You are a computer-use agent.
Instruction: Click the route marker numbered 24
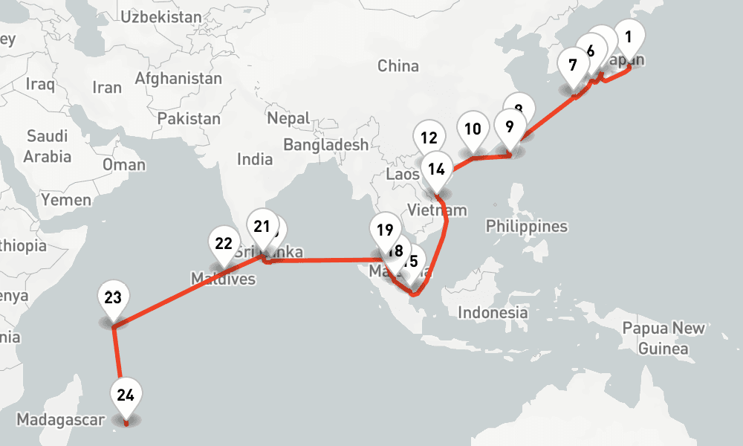pyautogui.click(x=125, y=395)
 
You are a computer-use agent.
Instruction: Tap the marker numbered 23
pyautogui.click(x=113, y=299)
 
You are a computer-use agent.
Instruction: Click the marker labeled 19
pyautogui.click(x=384, y=229)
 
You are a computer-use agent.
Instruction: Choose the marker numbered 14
pyautogui.click(x=436, y=169)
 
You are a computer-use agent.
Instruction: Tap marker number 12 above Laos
pyautogui.click(x=428, y=138)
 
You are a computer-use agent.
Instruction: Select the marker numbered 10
pyautogui.click(x=473, y=129)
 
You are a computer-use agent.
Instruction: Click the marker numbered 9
pyautogui.click(x=509, y=126)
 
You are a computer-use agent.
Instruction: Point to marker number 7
pyautogui.click(x=572, y=65)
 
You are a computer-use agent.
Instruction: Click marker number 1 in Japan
pyautogui.click(x=629, y=36)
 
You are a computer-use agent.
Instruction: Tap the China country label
pyautogui.click(x=398, y=65)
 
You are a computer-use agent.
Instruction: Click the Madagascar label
pyautogui.click(x=61, y=419)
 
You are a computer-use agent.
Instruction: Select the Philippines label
pyautogui.click(x=526, y=226)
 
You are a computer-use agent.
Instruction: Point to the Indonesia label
pyautogui.click(x=493, y=312)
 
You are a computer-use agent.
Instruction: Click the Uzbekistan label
pyautogui.click(x=160, y=16)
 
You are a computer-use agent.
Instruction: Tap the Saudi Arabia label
pyautogui.click(x=47, y=146)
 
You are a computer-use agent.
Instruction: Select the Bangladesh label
pyautogui.click(x=325, y=145)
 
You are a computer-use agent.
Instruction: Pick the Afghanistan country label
pyautogui.click(x=178, y=78)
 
